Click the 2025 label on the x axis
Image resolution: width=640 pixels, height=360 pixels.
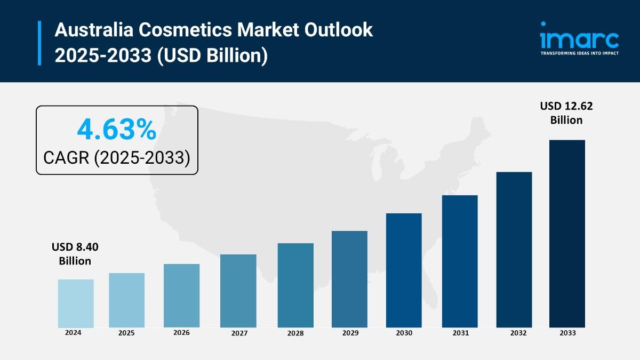tap(126, 333)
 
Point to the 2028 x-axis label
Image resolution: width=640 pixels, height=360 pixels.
tap(295, 333)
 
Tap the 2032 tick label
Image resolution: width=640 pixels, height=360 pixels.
tap(514, 333)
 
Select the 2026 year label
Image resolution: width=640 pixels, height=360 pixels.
tap(181, 332)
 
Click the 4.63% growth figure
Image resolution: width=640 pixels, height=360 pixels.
tap(117, 129)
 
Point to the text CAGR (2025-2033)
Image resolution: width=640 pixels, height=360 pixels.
tap(117, 157)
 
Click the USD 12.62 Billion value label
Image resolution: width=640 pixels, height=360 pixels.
tap(566, 113)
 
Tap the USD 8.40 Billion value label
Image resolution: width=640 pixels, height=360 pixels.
tap(75, 254)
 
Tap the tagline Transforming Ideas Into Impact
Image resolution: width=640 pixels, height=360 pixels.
tap(579, 53)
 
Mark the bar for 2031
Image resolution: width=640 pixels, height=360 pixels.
tap(460, 261)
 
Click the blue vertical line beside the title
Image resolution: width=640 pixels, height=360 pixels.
tap(39, 43)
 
